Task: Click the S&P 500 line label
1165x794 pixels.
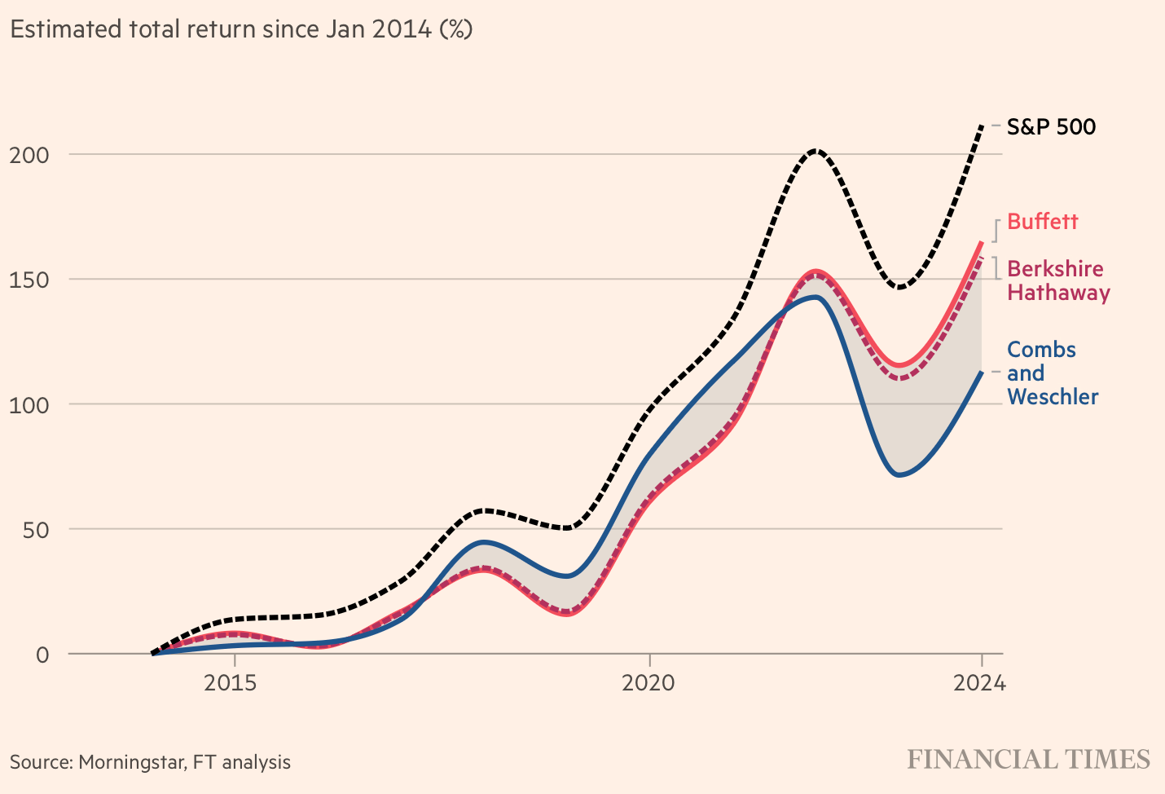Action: (1051, 127)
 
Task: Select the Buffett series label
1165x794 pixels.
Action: (1042, 222)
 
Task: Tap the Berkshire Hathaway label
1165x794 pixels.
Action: (1057, 280)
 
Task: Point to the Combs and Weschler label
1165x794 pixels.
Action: (1052, 373)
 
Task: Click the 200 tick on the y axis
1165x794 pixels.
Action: (29, 155)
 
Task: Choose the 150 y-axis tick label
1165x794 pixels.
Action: (29, 280)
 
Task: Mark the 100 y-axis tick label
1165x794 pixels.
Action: (29, 404)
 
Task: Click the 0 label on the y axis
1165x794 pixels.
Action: (42, 654)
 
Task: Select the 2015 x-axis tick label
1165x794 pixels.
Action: (231, 682)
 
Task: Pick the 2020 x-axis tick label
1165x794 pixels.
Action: (648, 682)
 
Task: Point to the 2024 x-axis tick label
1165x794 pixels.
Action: (979, 682)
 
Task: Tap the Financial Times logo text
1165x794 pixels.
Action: (1028, 760)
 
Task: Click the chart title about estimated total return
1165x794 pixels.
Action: (241, 29)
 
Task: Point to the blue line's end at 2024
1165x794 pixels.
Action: (982, 372)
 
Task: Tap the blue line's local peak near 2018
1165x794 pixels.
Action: (484, 541)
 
